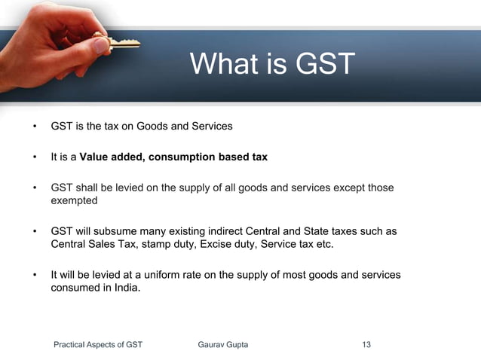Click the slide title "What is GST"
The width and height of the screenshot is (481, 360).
pos(271,64)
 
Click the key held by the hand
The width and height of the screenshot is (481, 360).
pos(121,43)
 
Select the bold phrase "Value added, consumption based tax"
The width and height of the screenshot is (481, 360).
pos(173,157)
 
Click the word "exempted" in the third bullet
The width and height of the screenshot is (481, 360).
pos(75,201)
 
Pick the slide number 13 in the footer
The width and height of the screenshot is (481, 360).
pos(366,345)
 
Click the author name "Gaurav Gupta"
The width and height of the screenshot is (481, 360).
pos(222,345)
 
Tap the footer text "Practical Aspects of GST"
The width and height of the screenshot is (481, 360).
pos(98,345)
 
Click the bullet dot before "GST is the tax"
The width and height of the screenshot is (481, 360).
pos(34,127)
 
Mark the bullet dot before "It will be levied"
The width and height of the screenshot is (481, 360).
pos(34,276)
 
